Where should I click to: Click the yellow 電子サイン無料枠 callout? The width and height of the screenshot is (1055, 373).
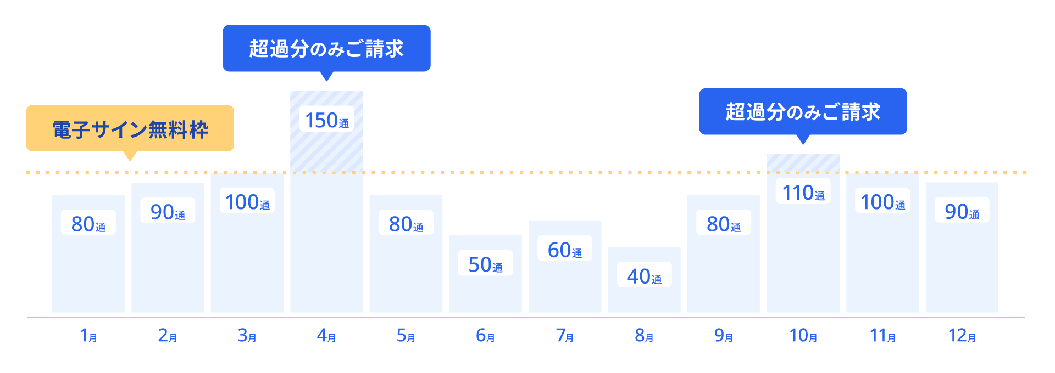pyautogui.click(x=130, y=129)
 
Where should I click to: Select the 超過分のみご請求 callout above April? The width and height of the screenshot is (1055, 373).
pyautogui.click(x=326, y=48)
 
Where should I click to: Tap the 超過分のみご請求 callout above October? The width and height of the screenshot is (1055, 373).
pyautogui.click(x=803, y=111)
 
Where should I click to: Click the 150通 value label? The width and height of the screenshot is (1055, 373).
pyautogui.click(x=326, y=120)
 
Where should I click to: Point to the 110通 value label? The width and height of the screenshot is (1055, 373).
pyautogui.click(x=803, y=193)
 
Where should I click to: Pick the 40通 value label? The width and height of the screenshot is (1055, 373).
pyautogui.click(x=644, y=276)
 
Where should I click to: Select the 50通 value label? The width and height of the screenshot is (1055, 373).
pyautogui.click(x=485, y=264)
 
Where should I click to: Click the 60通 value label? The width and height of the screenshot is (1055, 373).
pyautogui.click(x=565, y=250)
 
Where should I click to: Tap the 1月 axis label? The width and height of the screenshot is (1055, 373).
pyautogui.click(x=88, y=335)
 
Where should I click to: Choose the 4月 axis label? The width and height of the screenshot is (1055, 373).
pyautogui.click(x=326, y=335)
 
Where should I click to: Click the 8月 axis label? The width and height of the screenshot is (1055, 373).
pyautogui.click(x=644, y=335)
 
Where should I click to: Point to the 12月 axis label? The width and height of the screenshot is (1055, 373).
pyautogui.click(x=962, y=335)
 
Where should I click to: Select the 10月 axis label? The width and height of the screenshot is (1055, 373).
pyautogui.click(x=803, y=335)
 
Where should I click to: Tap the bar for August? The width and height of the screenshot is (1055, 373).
pyautogui.click(x=644, y=299)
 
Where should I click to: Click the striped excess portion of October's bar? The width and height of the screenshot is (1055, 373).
pyautogui.click(x=803, y=163)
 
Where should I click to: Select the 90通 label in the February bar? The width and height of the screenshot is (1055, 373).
pyautogui.click(x=168, y=212)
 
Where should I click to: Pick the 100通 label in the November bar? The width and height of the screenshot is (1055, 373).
pyautogui.click(x=882, y=202)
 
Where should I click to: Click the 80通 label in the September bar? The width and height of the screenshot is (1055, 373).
pyautogui.click(x=724, y=224)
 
